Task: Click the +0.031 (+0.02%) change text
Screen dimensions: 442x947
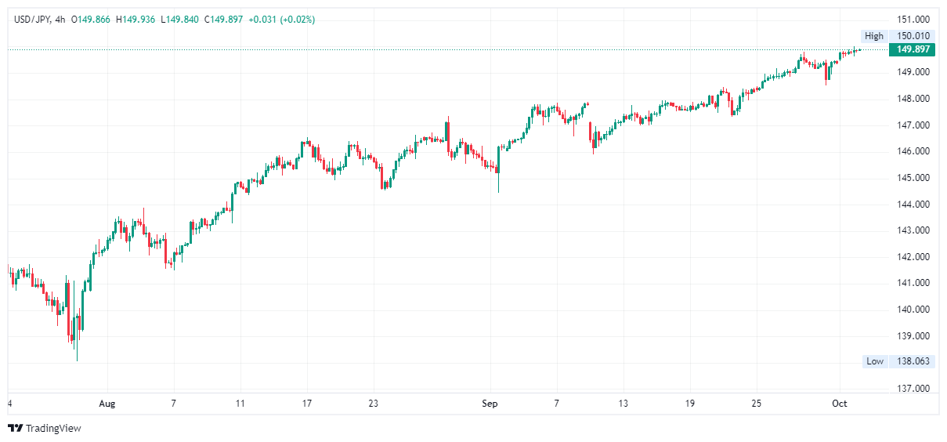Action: tap(281, 20)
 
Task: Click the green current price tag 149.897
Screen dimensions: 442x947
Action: tap(913, 49)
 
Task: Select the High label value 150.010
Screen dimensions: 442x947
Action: tap(913, 36)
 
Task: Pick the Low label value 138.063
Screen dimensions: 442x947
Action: tap(913, 361)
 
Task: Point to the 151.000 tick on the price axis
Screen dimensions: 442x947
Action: tap(913, 20)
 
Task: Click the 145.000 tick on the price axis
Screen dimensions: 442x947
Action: tap(913, 178)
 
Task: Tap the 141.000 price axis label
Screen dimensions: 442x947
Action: tap(913, 283)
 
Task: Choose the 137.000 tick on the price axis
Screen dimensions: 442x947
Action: tap(913, 389)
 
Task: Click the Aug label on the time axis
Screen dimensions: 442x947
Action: tap(107, 404)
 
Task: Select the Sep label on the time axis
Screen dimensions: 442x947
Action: tap(490, 404)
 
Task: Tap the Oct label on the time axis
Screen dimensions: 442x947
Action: tap(840, 404)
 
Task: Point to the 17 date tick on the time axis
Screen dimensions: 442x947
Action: tap(307, 404)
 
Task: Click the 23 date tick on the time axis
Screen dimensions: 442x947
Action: tap(374, 404)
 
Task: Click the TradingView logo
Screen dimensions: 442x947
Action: tap(45, 428)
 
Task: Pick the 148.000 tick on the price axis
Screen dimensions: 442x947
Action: tap(913, 99)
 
